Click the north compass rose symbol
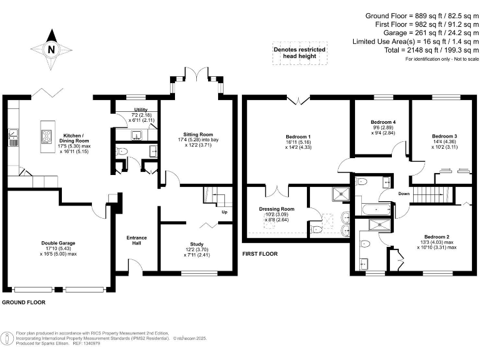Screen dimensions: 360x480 click(x=52, y=49)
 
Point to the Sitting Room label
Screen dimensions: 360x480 click(x=198, y=134)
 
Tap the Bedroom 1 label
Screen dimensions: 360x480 click(x=297, y=136)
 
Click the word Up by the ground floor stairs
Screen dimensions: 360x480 click(x=224, y=212)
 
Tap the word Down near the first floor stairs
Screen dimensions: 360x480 click(x=404, y=193)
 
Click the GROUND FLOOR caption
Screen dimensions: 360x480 click(x=24, y=302)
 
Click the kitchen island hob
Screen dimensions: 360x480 click(x=47, y=136)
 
